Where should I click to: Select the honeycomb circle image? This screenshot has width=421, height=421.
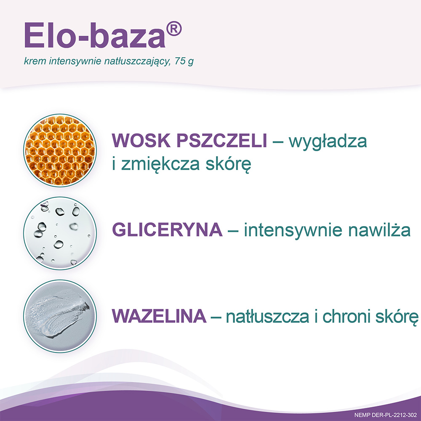(60, 150)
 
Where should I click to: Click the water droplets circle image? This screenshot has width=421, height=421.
(60, 233)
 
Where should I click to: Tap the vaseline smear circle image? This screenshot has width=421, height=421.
(60, 316)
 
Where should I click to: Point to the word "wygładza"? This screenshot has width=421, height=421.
(328, 142)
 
